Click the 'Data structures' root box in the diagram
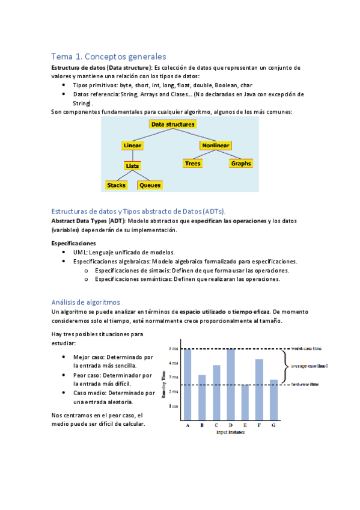[x=173, y=124]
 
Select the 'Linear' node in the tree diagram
[x=132, y=146]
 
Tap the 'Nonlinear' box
[x=216, y=146]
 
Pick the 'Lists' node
[x=132, y=165]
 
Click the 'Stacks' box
[x=116, y=185]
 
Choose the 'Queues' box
[x=150, y=185]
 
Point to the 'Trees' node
[x=193, y=164]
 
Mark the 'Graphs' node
[x=241, y=164]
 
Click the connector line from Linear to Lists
[x=132, y=155]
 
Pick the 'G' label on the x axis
[x=273, y=425]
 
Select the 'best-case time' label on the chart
[x=305, y=384]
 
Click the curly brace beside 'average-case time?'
[x=285, y=365]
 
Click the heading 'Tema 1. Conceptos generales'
[x=108, y=57]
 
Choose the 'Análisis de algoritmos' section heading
[x=86, y=302]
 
